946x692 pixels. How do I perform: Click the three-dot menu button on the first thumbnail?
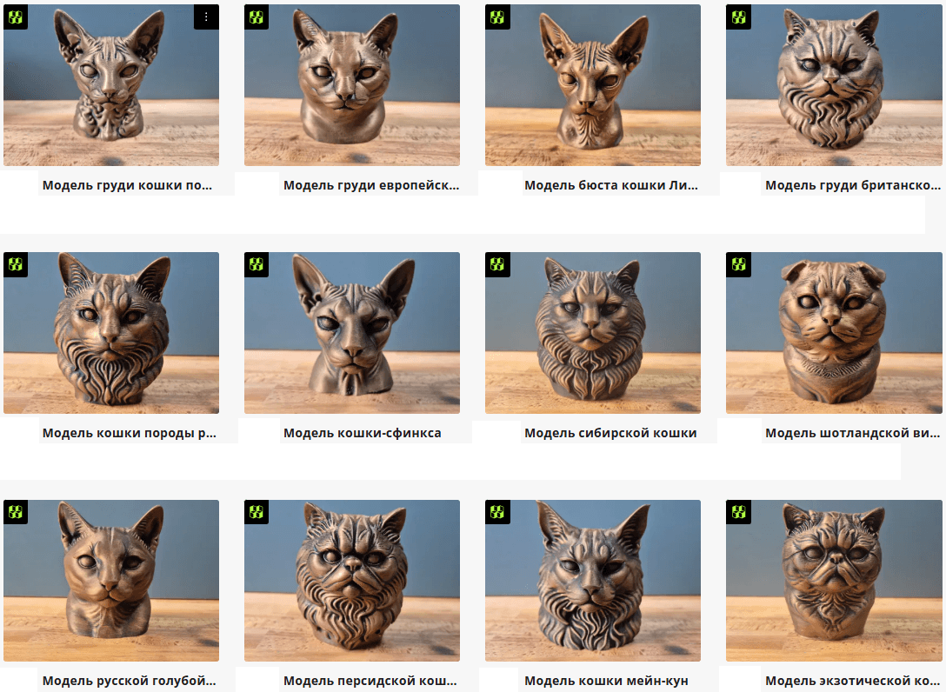coord(206,17)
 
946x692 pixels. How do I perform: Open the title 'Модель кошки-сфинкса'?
coord(362,433)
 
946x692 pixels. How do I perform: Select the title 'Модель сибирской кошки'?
coord(610,433)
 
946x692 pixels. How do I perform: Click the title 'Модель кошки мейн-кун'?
coord(606,681)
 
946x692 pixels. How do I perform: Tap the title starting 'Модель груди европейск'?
coord(371,185)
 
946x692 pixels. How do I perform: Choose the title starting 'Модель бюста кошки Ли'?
coord(610,185)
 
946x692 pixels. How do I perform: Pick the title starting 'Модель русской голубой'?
coord(129,681)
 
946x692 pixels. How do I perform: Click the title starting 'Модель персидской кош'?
coord(370,681)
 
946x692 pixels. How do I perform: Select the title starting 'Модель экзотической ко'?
coord(852,681)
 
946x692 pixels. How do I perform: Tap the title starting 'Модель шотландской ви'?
coord(852,433)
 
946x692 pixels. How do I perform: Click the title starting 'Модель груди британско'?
coord(852,185)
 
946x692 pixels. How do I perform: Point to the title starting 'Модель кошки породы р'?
coord(129,433)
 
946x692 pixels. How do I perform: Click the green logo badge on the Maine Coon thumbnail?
coord(497,512)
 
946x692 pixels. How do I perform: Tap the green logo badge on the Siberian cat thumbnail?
coord(497,264)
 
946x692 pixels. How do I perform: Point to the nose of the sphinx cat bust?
coord(352,349)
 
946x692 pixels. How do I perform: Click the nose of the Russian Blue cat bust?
coord(110,584)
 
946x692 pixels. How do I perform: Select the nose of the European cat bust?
coord(344,95)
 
